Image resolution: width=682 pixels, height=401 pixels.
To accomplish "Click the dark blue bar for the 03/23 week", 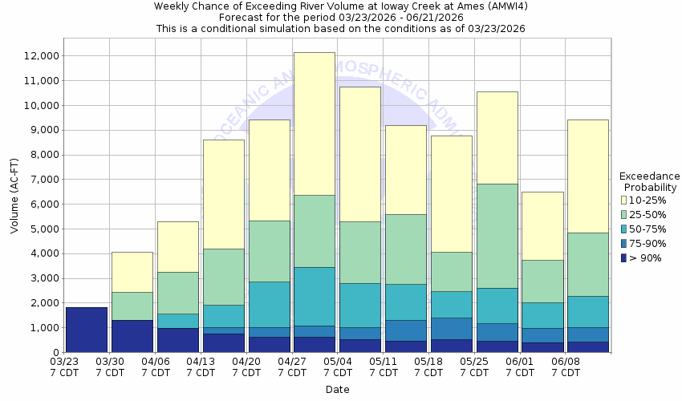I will [x=87, y=330].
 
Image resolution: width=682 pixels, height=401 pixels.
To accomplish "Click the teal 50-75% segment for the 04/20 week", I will [x=269, y=304].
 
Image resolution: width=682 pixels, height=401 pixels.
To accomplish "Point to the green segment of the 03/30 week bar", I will [x=132, y=306].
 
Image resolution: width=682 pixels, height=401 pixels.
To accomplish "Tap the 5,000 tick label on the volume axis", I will [x=42, y=229].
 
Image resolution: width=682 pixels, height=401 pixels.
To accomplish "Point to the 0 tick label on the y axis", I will [x=55, y=353].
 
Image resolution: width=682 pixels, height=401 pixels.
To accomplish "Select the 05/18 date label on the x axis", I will [x=429, y=362].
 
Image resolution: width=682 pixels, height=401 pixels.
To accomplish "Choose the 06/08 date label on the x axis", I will [x=566, y=362].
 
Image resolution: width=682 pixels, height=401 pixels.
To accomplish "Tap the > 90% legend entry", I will [x=646, y=257].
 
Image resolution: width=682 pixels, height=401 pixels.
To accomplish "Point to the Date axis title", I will [x=337, y=390].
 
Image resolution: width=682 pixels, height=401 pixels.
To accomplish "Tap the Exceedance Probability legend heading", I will [x=650, y=182].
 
